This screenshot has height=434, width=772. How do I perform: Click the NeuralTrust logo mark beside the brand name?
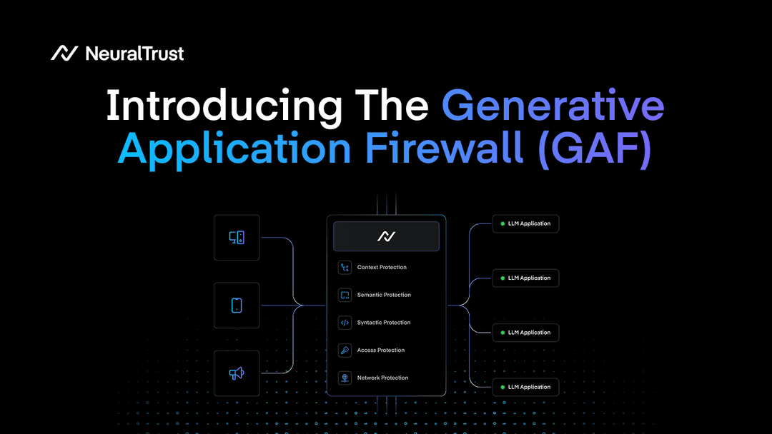coord(64,53)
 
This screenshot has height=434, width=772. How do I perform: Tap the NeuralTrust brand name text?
coord(134,54)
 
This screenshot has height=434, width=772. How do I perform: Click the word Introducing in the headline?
coord(223,106)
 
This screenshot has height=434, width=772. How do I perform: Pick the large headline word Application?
coord(234,149)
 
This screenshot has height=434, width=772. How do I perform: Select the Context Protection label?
coord(382,268)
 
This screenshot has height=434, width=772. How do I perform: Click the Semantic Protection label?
coord(384,295)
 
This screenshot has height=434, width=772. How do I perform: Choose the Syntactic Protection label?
coord(384,323)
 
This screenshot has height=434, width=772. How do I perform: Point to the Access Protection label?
coord(381,350)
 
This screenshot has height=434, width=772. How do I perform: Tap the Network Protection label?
coord(382,378)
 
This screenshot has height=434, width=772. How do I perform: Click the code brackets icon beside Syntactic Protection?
coord(345,323)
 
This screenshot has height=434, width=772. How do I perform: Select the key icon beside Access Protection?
coord(345,350)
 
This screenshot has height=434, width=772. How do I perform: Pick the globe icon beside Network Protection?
coord(345,378)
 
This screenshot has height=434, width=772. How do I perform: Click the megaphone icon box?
coord(237,373)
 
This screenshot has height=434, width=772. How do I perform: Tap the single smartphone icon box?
coord(237,306)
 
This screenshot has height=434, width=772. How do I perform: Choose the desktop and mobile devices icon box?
coord(237,238)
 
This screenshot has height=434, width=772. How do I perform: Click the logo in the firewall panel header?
coord(386,236)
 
